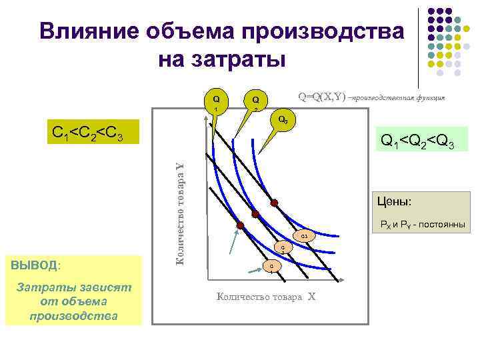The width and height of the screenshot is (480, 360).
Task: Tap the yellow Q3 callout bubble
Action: click(283, 121)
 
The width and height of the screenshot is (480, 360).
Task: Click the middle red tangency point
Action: click(255, 214)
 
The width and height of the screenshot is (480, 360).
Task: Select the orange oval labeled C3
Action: click(303, 237)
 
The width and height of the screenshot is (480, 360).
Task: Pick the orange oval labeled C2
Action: click(283, 249)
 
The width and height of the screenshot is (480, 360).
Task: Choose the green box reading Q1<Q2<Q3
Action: click(417, 141)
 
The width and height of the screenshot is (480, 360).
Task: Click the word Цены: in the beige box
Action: click(394, 200)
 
